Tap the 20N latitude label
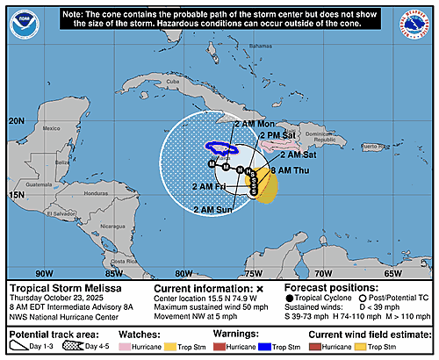(15, 120)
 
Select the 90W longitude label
(40, 272)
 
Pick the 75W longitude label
(255, 272)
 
